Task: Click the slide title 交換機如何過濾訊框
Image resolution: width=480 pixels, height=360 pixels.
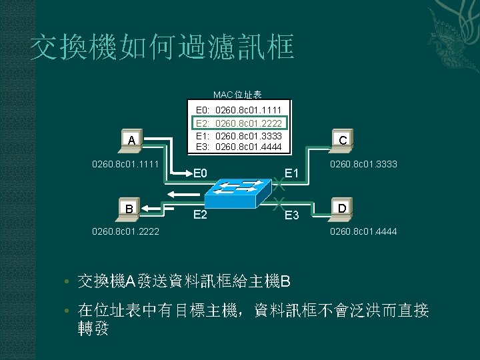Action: coord(161,48)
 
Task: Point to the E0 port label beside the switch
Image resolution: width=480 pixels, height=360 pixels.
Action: coord(201,174)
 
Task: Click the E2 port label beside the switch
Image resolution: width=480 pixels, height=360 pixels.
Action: coord(200,215)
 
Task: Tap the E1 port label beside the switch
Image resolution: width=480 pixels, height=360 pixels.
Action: coord(291,174)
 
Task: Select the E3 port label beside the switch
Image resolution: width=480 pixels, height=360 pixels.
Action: coord(291,215)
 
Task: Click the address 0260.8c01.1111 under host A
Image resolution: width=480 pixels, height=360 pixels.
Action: coord(124,163)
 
